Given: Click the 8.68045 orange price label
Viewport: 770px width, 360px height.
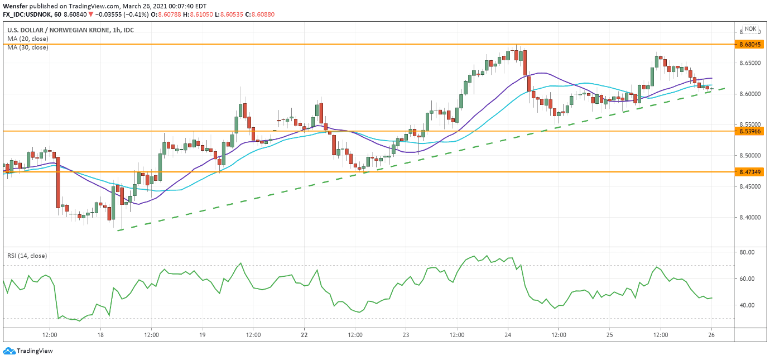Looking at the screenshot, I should click(x=749, y=44).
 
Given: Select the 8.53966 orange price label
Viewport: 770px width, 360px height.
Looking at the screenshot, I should click(x=749, y=131).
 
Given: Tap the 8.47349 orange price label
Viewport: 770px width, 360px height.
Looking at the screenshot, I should click(x=749, y=172).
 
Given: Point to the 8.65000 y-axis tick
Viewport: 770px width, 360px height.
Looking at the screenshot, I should click(x=749, y=63).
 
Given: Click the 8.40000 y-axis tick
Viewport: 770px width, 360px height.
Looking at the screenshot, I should click(x=749, y=217).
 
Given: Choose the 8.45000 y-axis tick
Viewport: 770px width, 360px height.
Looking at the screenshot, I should click(x=749, y=186).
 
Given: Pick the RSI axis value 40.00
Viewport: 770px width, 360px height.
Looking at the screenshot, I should click(x=747, y=305).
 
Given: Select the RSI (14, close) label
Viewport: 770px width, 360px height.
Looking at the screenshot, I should click(x=27, y=256).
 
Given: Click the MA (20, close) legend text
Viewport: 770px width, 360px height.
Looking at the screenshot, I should click(x=27, y=39).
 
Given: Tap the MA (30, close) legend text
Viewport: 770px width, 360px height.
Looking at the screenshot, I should click(x=27, y=47).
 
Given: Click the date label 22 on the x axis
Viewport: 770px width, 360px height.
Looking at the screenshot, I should click(x=304, y=335).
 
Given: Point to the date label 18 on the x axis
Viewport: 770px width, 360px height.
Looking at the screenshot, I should click(x=100, y=335).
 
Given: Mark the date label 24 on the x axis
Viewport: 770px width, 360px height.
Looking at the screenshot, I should click(x=508, y=335).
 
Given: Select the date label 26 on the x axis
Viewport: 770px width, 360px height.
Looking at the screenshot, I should click(x=712, y=335).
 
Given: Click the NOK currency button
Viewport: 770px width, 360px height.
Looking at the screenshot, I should click(x=750, y=29).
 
